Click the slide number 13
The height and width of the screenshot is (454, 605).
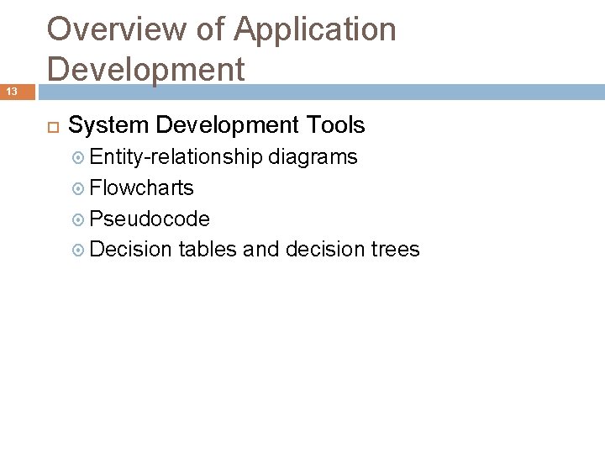point(13,91)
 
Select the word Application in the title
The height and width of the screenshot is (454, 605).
point(315,29)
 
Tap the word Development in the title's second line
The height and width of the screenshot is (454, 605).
point(146,69)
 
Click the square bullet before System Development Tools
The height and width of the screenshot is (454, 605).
point(51,126)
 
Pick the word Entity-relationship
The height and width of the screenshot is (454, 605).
point(176,156)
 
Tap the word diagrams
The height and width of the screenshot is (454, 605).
point(313,156)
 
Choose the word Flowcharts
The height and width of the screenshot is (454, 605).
point(141,187)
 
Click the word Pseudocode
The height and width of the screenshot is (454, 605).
point(150,219)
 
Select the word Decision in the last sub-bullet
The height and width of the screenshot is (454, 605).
point(130,250)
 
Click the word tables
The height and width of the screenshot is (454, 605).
point(208,250)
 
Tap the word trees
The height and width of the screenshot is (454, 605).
point(395,250)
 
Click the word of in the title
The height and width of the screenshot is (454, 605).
point(210,29)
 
